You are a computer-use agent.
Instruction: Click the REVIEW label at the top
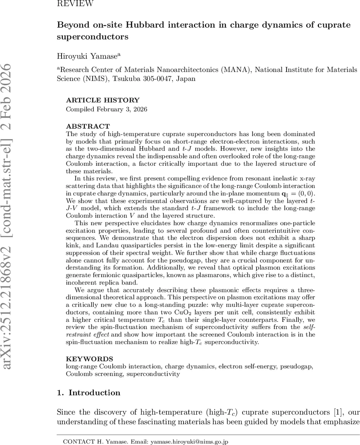75,4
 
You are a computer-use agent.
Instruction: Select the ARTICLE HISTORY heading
103,100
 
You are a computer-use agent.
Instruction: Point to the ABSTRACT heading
88,126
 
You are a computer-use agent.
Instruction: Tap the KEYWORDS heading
89,359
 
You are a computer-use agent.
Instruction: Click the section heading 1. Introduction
89,393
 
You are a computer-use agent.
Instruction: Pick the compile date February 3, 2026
126,109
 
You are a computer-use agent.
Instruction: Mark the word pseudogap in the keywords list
299,366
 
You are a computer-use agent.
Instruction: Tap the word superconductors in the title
93,37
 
